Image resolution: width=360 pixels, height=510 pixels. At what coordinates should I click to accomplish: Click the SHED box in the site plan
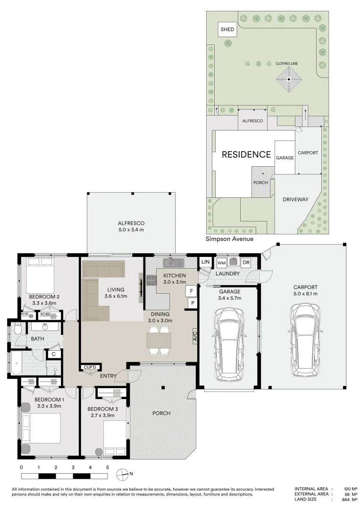pos(227,29)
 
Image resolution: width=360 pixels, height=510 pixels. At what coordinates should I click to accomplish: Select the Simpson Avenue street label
pos(229,239)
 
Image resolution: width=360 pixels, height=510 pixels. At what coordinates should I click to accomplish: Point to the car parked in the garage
pos(228,345)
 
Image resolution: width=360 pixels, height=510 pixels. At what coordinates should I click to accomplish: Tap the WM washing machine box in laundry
pos(221,263)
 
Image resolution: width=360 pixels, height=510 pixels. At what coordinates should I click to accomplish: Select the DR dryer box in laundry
pos(246,263)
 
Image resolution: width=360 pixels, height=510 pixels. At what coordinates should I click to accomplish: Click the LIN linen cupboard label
pos(205,262)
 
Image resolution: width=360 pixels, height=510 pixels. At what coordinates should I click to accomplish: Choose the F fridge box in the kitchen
pos(191,292)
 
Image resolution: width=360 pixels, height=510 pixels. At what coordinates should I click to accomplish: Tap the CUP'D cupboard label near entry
pos(90,367)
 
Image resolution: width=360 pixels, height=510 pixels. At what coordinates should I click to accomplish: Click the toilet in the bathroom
pos(17,329)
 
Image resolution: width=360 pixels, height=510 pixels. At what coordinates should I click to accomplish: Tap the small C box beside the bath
pos(53,354)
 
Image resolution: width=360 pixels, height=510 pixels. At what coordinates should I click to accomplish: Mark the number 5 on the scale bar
pos(108,467)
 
